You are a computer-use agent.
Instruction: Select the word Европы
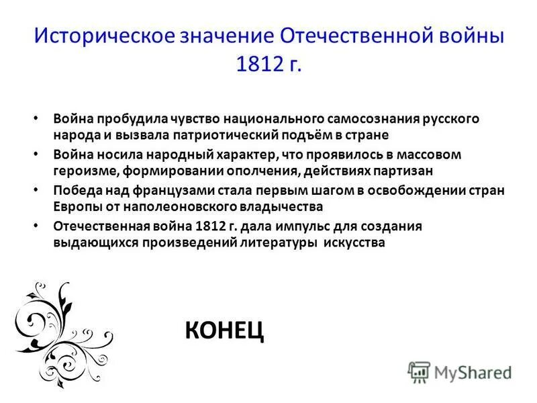click(x=75, y=206)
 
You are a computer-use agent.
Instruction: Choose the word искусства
click(x=354, y=242)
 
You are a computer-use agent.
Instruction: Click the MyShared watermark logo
click(x=459, y=371)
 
